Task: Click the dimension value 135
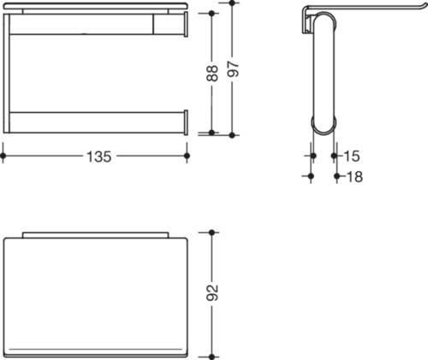click(98, 156)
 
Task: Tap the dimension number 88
click(212, 74)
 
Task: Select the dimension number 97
click(233, 68)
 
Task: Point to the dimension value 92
click(212, 292)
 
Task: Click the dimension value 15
click(352, 156)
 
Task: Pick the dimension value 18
click(355, 176)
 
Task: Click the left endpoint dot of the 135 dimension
click(3, 156)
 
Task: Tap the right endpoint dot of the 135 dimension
click(187, 156)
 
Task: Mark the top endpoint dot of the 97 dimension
click(232, 3)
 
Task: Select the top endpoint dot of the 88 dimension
click(211, 14)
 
